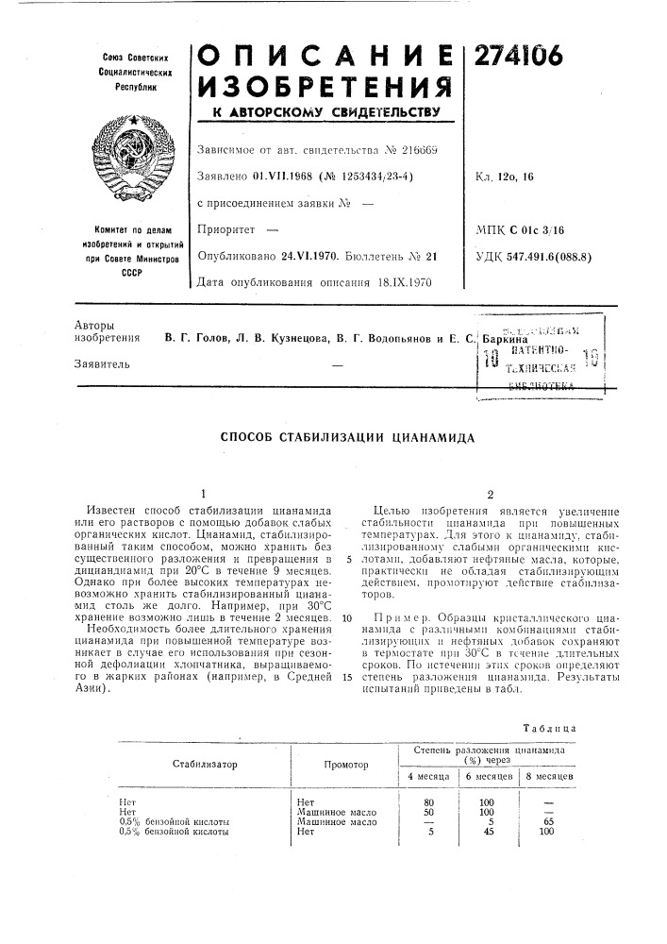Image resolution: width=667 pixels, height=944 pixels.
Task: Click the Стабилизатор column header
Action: [x=205, y=765]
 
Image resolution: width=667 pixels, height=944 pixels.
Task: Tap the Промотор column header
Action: [x=345, y=765]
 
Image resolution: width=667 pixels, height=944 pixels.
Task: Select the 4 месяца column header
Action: [x=427, y=775]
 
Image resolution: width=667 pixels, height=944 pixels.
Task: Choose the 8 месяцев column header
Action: [x=549, y=775]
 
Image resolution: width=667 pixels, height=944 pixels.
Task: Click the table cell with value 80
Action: [x=429, y=801]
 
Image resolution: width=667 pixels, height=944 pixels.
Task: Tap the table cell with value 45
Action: [x=488, y=832]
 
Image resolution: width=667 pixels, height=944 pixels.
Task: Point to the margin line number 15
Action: [x=346, y=651]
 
